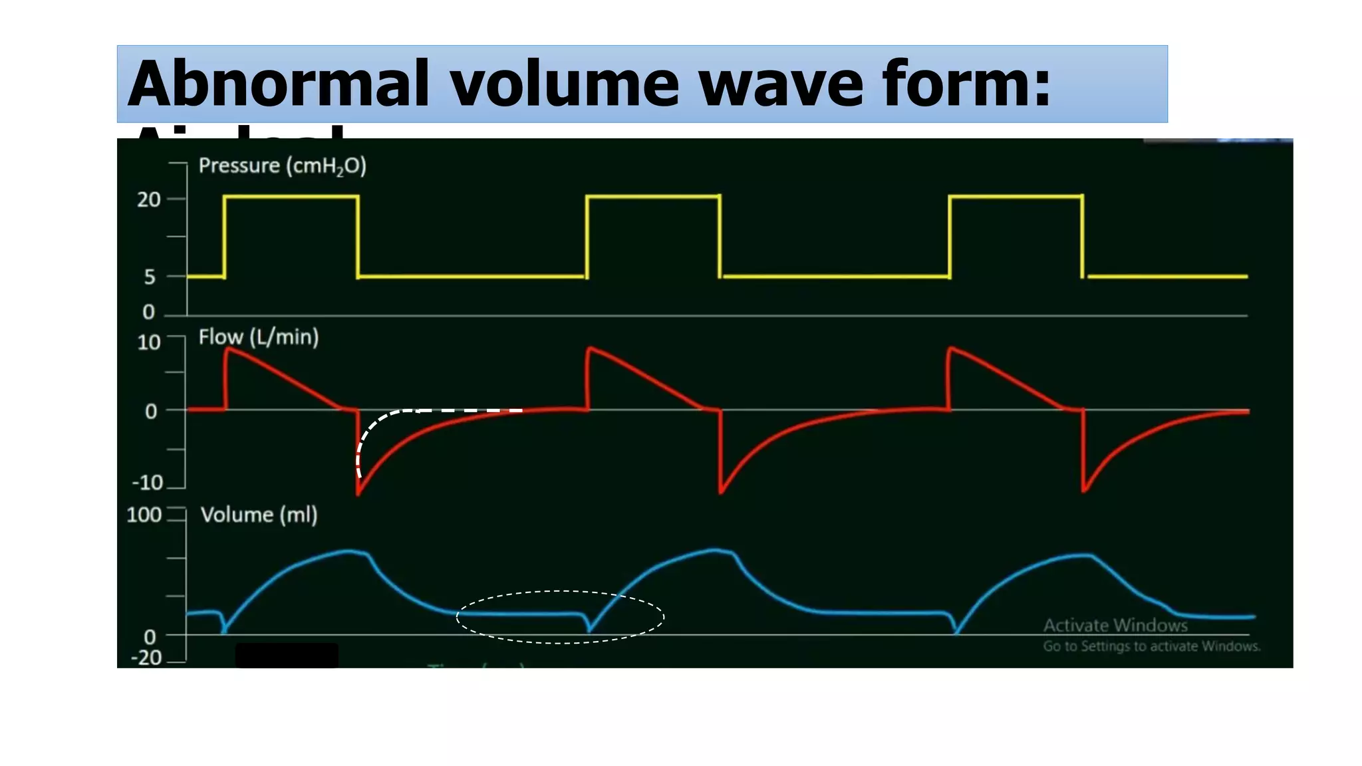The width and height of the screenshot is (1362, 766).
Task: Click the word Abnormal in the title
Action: [x=277, y=84]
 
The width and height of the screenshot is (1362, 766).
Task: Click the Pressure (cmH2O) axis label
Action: [x=282, y=166]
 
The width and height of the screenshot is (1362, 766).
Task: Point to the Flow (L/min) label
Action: [x=259, y=337]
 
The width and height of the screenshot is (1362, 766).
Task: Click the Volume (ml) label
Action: [x=259, y=515]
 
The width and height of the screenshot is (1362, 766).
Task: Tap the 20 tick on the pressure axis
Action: [x=149, y=199]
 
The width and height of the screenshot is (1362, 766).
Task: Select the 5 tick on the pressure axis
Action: [x=150, y=277]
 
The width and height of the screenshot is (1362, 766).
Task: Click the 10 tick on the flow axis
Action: [x=149, y=342]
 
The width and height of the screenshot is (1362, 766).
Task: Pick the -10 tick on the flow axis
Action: [x=148, y=483]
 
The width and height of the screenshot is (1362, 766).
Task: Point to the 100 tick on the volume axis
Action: [x=144, y=515]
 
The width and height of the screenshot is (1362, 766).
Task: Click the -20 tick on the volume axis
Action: [x=147, y=658]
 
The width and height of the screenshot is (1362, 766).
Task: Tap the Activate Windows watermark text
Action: [x=1115, y=625]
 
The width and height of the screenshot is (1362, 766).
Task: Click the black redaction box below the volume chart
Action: [x=287, y=655]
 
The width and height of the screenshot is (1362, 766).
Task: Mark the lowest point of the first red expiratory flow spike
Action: [x=358, y=494]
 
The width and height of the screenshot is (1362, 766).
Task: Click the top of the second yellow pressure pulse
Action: [x=653, y=196]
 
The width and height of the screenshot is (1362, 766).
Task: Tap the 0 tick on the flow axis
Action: [x=151, y=411]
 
